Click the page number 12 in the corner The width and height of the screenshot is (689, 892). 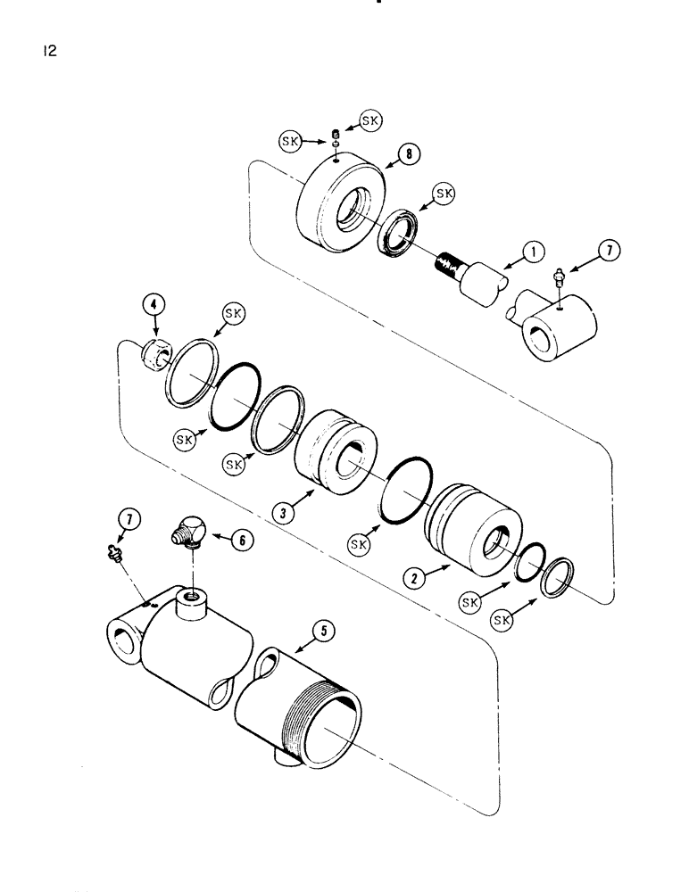click(48, 52)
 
